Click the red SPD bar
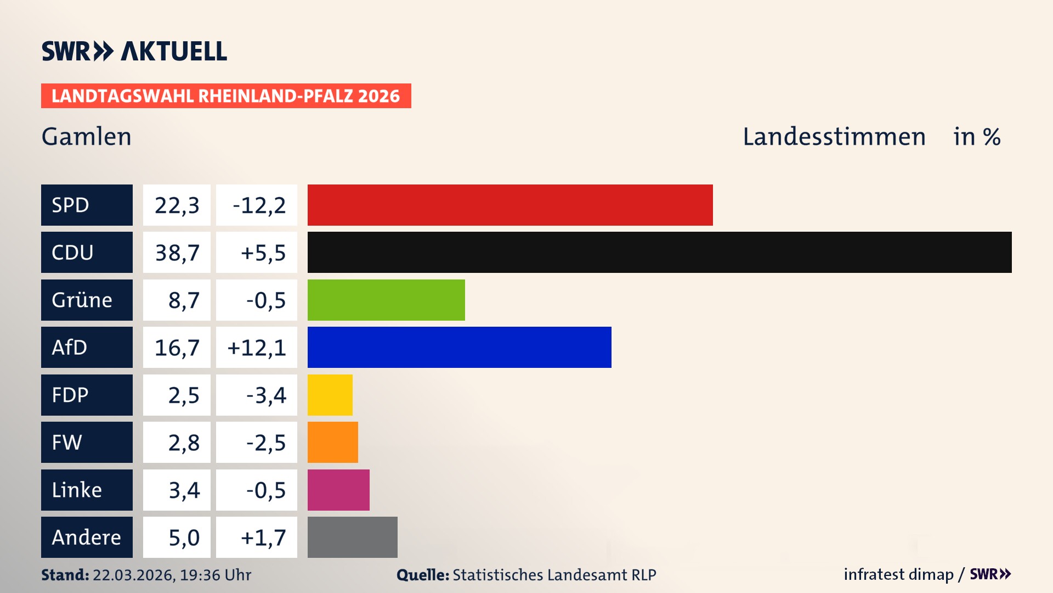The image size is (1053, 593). [x=510, y=205]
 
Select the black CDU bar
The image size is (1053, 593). [x=659, y=252]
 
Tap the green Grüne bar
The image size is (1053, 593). [x=386, y=300]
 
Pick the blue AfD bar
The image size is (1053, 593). [x=459, y=347]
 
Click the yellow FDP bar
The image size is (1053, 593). [x=330, y=395]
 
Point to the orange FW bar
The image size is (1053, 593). [x=332, y=442]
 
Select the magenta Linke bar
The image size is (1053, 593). [x=338, y=490]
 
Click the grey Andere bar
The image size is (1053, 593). [x=352, y=537]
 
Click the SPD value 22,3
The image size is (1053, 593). [x=177, y=205]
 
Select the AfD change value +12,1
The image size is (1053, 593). [x=257, y=348]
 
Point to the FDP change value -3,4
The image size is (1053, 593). [x=265, y=395]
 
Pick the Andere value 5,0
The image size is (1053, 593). [x=183, y=538]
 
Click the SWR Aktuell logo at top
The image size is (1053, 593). [x=134, y=51]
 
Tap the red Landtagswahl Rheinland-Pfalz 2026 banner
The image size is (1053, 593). [x=226, y=96]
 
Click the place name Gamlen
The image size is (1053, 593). [x=87, y=137]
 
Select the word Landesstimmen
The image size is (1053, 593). [x=834, y=137]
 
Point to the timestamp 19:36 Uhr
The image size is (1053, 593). [x=215, y=575]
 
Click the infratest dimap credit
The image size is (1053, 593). [x=898, y=574]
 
